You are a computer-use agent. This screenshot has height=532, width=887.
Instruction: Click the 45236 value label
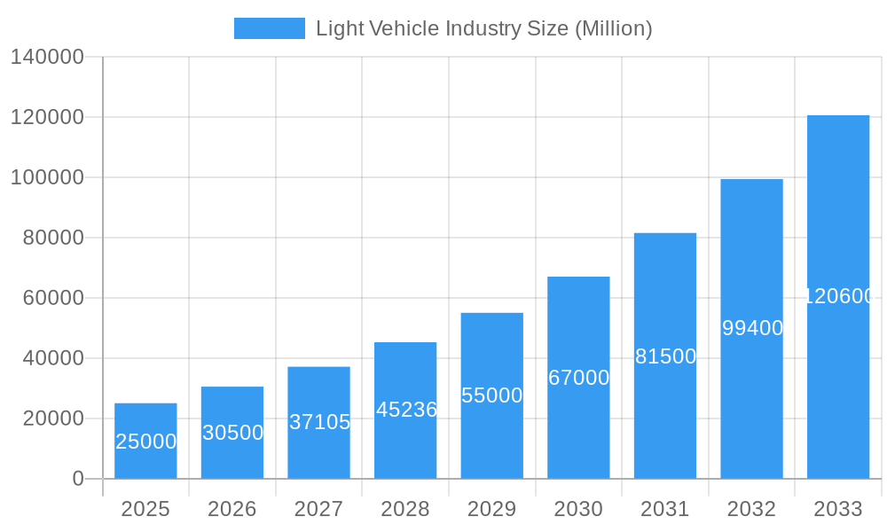[406, 410]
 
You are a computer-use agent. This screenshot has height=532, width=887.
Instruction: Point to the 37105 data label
[319, 422]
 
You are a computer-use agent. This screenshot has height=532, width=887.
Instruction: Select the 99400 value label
[752, 328]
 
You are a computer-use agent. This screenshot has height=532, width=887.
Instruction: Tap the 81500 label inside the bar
[665, 356]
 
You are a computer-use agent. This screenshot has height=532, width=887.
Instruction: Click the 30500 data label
[232, 433]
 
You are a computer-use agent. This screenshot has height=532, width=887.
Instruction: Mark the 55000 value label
[492, 395]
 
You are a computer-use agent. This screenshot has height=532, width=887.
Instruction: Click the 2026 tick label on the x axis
[232, 509]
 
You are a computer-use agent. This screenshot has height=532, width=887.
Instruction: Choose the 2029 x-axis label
[492, 509]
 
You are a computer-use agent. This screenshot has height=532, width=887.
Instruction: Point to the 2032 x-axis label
[751, 509]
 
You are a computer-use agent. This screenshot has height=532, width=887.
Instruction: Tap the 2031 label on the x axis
[665, 509]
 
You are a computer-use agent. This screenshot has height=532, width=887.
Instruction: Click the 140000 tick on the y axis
[47, 58]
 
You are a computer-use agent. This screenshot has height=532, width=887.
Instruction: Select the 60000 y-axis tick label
[53, 298]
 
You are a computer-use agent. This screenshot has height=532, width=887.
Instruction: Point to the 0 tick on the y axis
[78, 479]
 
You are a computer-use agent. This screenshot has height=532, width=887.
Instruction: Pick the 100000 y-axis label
[47, 177]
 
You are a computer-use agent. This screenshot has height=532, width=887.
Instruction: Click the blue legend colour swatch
[269, 28]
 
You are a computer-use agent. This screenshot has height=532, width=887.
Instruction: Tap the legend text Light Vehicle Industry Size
[483, 28]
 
